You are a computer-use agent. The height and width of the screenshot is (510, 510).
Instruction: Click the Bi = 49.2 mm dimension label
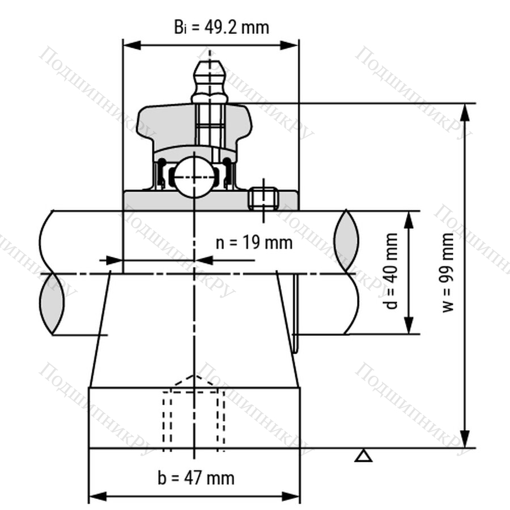pos(222,27)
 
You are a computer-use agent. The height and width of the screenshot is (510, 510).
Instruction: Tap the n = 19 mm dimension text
pos(254,243)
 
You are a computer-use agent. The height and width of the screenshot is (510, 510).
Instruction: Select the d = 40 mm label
pos(390,271)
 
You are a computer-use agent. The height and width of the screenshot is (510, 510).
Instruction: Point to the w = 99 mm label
pos(448,272)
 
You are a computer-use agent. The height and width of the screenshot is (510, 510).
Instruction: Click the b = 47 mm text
pos(196,478)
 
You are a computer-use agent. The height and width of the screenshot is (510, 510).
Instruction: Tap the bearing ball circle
pos(194,177)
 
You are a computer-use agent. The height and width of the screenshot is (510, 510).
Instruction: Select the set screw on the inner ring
pos(263,198)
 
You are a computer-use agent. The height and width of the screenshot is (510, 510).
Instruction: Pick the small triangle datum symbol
pos(363,456)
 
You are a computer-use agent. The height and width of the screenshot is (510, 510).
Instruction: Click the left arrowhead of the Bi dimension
pos(132,45)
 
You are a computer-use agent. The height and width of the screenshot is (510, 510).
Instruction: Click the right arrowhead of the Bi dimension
pos(289,45)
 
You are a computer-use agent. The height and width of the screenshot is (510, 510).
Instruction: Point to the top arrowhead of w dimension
pos(466,113)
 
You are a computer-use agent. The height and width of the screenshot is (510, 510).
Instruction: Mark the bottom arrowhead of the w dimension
pos(466,438)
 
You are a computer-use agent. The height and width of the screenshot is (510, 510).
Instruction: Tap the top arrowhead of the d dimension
pos(409,220)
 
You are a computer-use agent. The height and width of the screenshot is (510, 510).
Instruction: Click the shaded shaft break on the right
pos(347,241)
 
